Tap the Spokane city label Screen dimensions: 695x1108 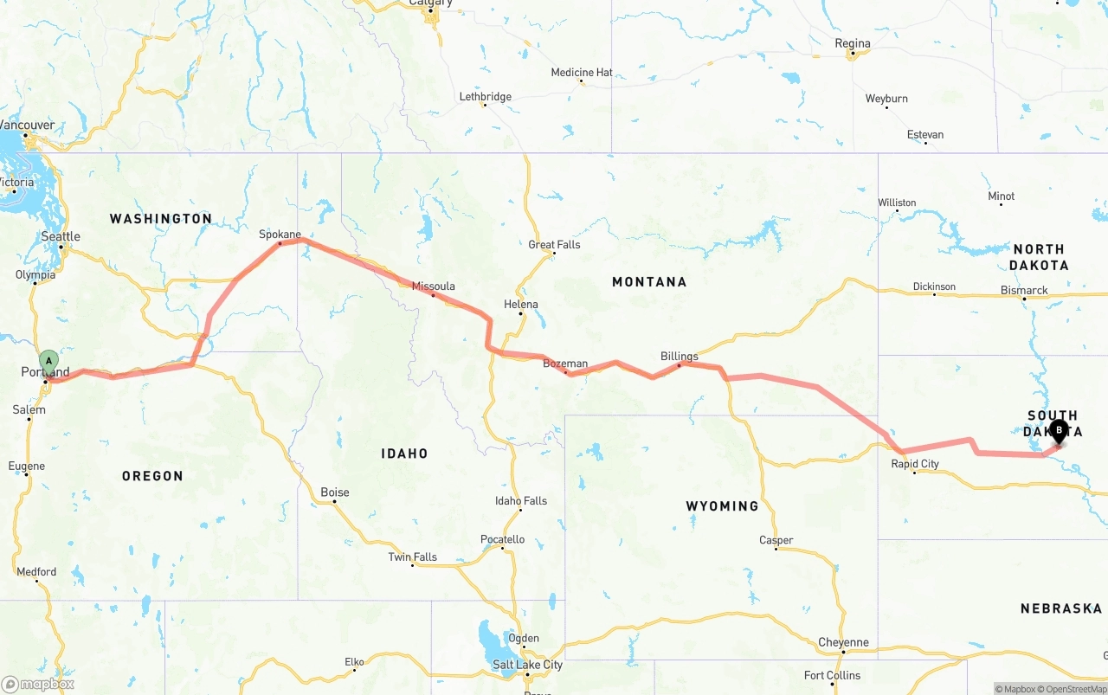280,235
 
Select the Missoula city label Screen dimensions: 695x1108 433,286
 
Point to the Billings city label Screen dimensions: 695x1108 679,357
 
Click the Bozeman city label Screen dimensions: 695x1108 564,364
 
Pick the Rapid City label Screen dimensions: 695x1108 915,464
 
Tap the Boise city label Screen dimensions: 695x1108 335,492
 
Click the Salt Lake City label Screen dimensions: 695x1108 527,665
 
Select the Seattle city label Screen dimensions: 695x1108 61,236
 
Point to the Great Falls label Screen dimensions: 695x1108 554,245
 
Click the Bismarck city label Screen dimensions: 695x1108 1024,291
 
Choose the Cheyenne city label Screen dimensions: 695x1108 843,642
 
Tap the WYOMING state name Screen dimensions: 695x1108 722,505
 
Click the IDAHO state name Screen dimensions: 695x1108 404,454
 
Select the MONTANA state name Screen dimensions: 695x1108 649,282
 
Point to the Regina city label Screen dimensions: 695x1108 852,43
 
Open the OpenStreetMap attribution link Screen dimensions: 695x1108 1075,689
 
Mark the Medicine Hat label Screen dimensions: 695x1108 582,73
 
